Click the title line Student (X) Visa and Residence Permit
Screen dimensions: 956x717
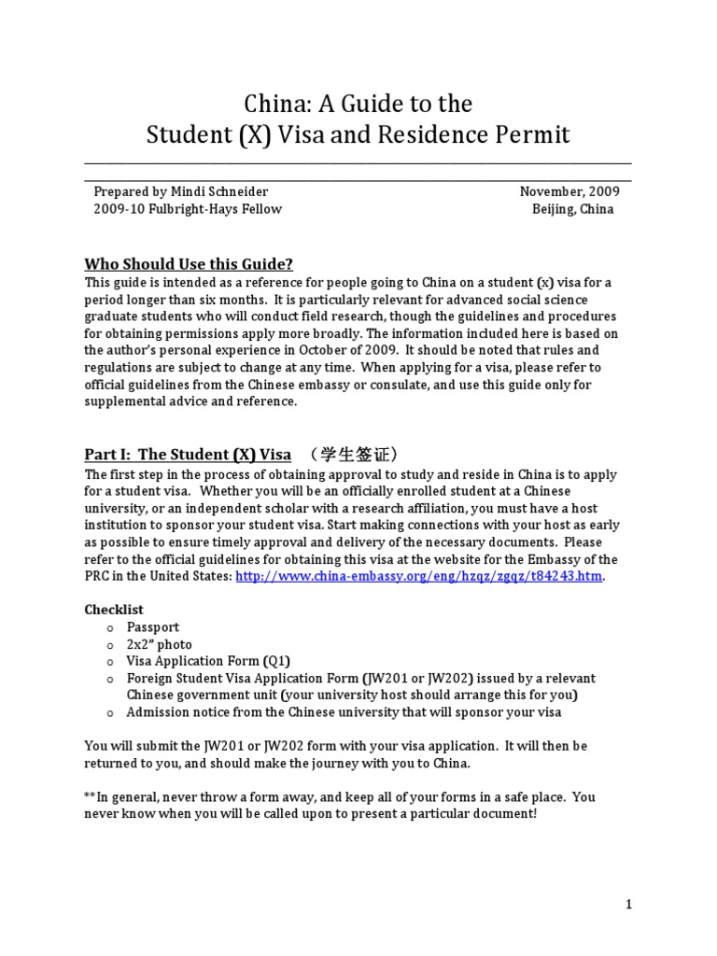pyautogui.click(x=358, y=135)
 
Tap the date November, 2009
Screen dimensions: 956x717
pyautogui.click(x=569, y=191)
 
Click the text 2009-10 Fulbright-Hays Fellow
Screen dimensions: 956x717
pyautogui.click(x=187, y=209)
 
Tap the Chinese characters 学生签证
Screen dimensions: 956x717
pyautogui.click(x=358, y=455)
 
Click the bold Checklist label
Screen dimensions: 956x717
pyautogui.click(x=115, y=610)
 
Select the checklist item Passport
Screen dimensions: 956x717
pyautogui.click(x=153, y=627)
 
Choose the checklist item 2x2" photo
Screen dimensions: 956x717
pyautogui.click(x=160, y=644)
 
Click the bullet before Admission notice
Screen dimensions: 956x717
pyautogui.click(x=109, y=712)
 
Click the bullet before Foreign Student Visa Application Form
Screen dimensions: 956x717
pyautogui.click(x=109, y=679)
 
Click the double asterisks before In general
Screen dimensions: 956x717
pyautogui.click(x=90, y=796)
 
